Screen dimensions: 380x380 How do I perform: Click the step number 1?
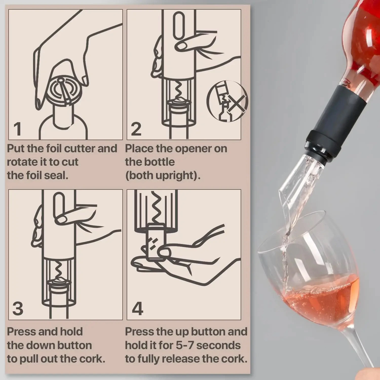pyautogui.click(x=17, y=129)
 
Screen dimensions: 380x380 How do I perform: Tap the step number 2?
pyautogui.click(x=136, y=129)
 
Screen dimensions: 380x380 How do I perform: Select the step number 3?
pyautogui.click(x=18, y=309)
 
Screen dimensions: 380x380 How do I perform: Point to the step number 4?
pyautogui.click(x=138, y=309)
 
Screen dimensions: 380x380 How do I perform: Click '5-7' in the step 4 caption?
pyautogui.click(x=185, y=345)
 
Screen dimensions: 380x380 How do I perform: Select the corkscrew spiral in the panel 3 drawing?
pyautogui.click(x=58, y=270)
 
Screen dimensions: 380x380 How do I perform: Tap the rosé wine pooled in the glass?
pyautogui.click(x=322, y=296)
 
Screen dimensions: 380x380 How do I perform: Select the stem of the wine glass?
pyautogui.click(x=357, y=350)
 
